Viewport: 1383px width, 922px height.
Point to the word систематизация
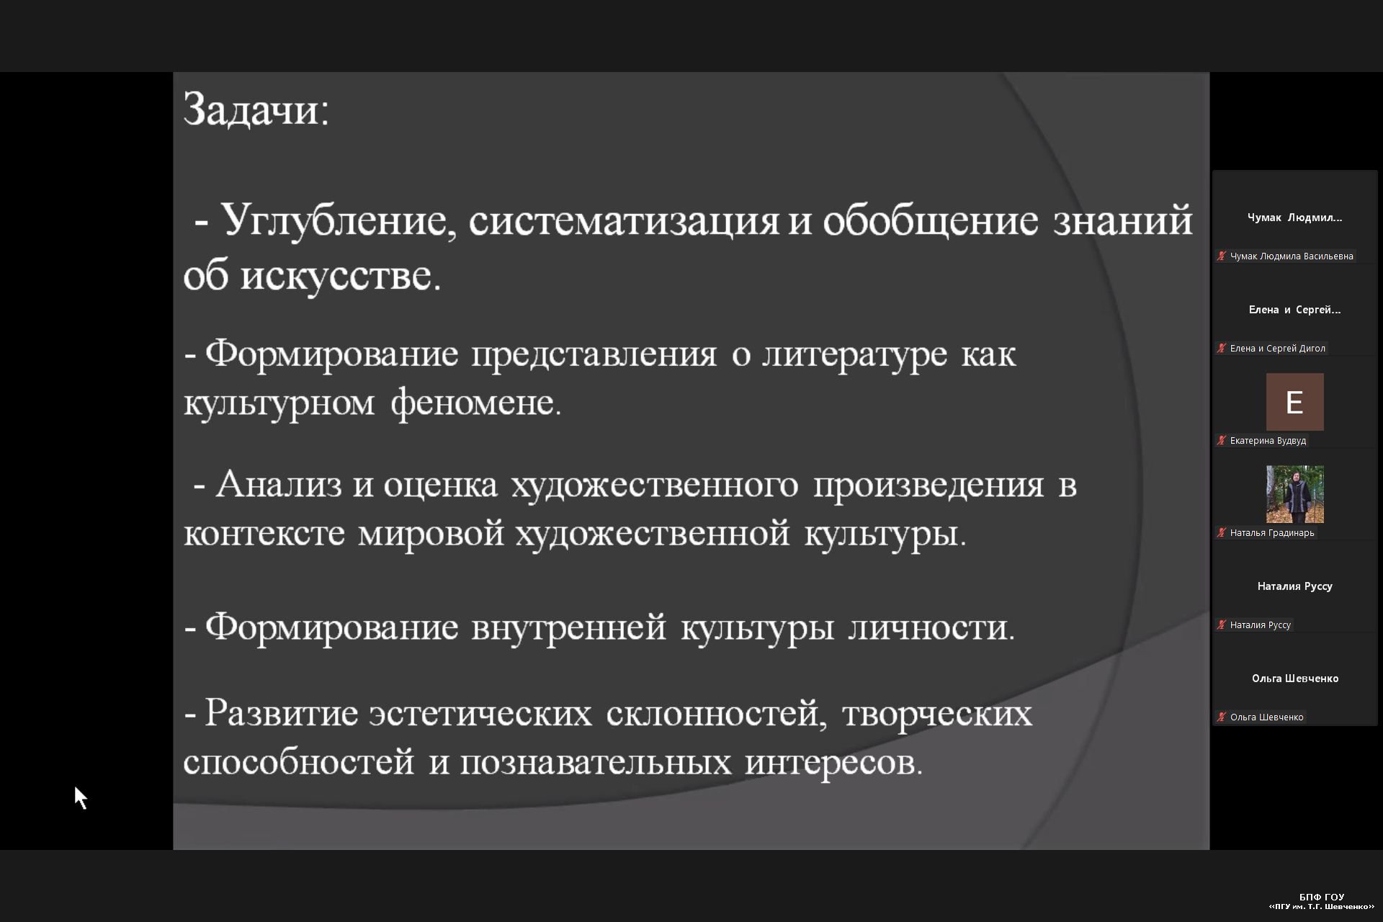pos(624,221)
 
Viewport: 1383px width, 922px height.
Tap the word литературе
pos(854,354)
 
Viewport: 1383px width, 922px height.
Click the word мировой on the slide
pos(431,534)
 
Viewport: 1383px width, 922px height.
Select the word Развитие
pos(282,713)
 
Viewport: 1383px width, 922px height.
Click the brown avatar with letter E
pos(1294,402)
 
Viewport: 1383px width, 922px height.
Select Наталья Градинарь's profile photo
pos(1294,494)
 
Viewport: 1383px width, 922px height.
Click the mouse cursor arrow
pos(81,797)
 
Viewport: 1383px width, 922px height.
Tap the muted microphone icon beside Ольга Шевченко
pos(1222,717)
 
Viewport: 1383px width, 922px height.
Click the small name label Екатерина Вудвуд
pos(1268,440)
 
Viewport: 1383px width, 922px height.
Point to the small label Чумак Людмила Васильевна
pos(1292,256)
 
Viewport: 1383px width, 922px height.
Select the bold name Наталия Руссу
pos(1294,586)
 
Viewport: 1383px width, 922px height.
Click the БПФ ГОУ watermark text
pos(1322,897)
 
